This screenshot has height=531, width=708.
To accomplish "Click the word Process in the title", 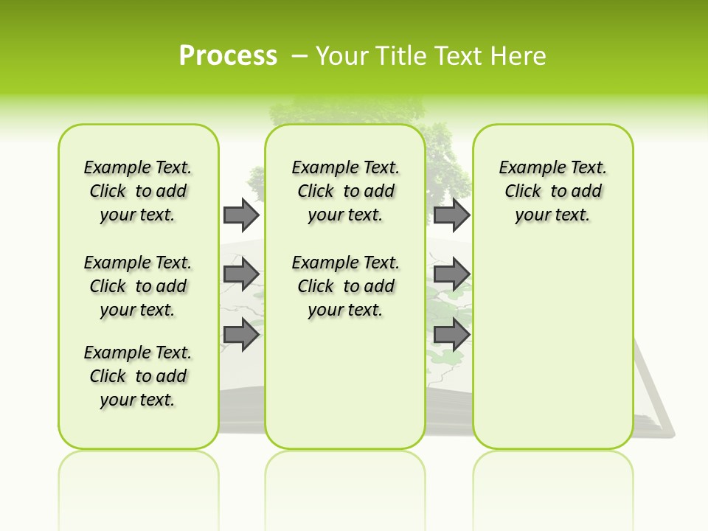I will [x=228, y=56].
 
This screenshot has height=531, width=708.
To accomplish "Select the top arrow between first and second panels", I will [x=241, y=215].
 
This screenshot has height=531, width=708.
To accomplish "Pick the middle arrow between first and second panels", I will [x=241, y=274].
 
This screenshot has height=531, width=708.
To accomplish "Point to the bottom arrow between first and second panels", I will [x=241, y=334].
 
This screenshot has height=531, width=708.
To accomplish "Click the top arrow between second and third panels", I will [x=451, y=215].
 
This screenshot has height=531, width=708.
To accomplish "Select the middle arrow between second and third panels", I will [x=451, y=274].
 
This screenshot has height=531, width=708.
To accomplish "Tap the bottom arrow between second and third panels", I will [x=451, y=334].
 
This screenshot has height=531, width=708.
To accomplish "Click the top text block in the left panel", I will [x=138, y=191].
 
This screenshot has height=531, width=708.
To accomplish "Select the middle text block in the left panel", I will [x=138, y=286].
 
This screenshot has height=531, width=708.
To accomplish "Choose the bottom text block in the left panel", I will [x=138, y=376].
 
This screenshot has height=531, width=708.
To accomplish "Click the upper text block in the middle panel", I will [x=345, y=191].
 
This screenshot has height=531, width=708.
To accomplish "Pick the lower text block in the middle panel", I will [x=345, y=286].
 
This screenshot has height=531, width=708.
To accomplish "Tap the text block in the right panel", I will [x=552, y=191].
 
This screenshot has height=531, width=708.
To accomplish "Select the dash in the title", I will [x=299, y=56].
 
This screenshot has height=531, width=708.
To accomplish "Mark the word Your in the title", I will [x=342, y=56].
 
